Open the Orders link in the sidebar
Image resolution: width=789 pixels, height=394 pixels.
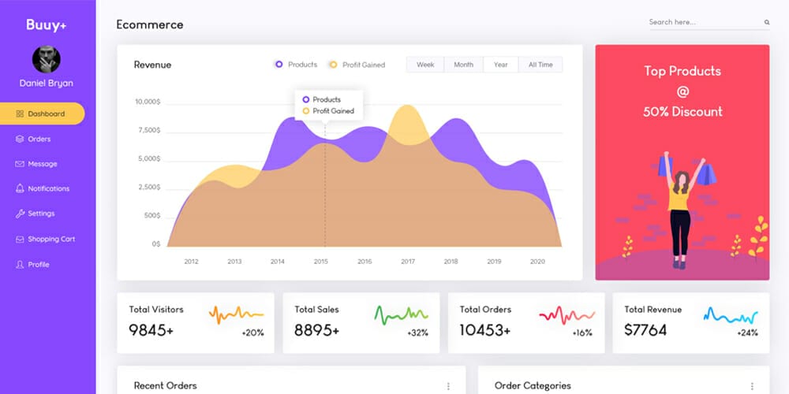(x=39, y=139)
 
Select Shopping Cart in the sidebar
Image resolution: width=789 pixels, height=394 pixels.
(x=50, y=239)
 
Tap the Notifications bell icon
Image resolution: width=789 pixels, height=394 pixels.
(x=20, y=189)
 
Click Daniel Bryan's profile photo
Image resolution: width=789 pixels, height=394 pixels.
(x=46, y=60)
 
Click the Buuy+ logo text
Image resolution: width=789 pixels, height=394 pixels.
(x=46, y=24)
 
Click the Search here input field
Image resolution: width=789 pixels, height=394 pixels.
(x=702, y=22)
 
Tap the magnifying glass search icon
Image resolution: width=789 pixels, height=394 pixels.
(x=766, y=23)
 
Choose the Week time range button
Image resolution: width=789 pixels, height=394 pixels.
(x=425, y=65)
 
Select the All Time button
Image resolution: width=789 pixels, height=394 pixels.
(x=540, y=65)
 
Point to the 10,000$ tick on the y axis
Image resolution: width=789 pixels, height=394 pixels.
(x=148, y=102)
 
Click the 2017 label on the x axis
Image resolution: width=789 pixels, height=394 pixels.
(x=407, y=262)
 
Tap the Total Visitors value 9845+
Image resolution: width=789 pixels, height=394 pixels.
(x=151, y=330)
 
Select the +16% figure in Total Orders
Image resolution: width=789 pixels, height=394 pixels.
(x=582, y=333)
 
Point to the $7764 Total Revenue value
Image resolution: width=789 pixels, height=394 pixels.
(x=645, y=330)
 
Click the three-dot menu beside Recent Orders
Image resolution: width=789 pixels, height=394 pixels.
(x=448, y=386)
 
